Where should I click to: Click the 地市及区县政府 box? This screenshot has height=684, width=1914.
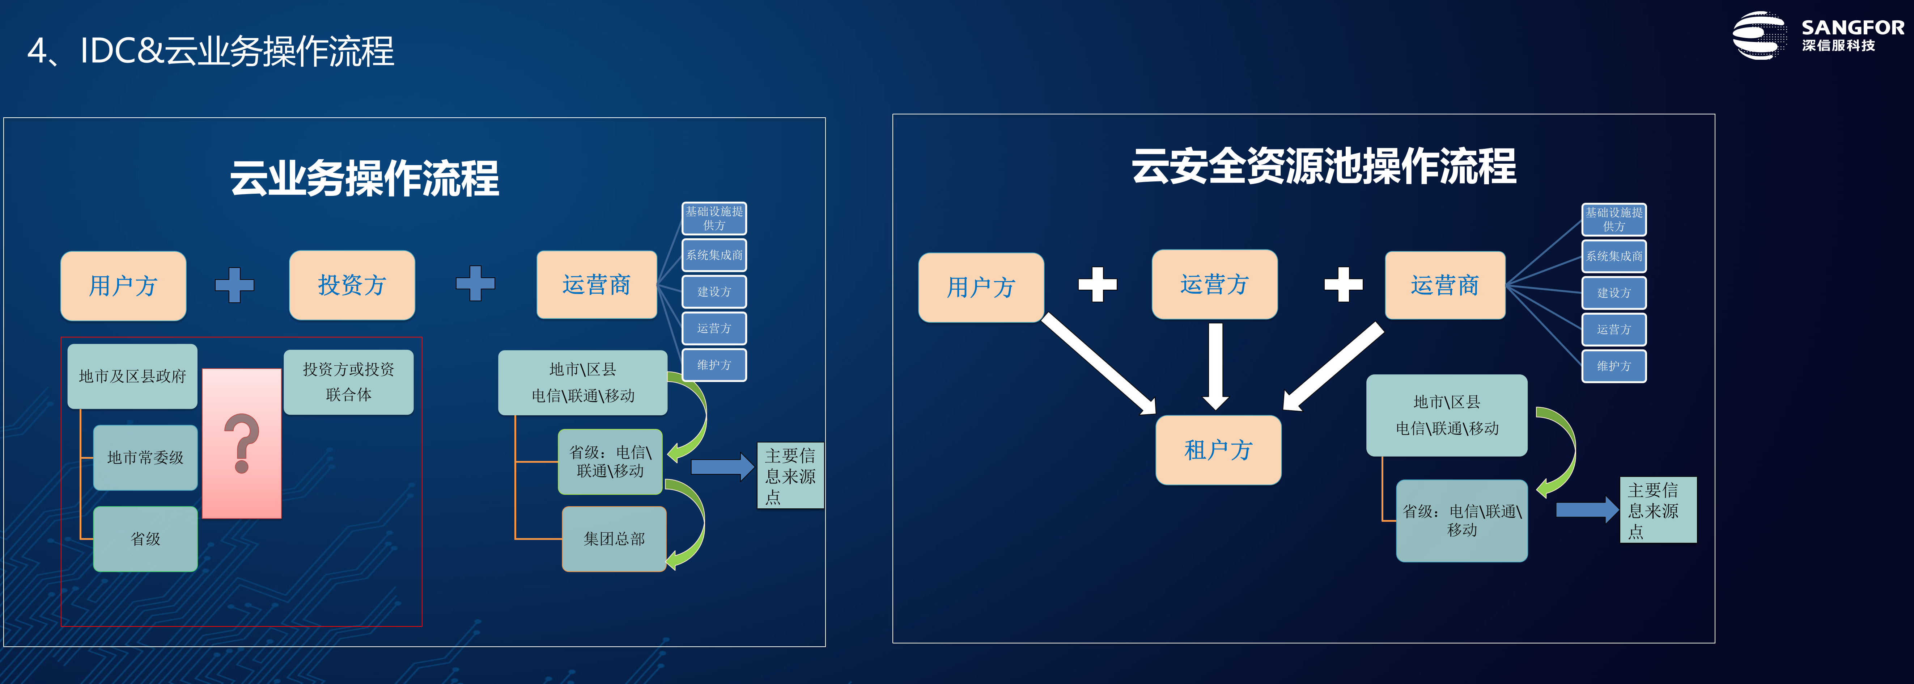point(132,376)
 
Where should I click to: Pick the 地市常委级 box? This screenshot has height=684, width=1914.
point(146,457)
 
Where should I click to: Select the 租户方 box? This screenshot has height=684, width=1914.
point(1218,450)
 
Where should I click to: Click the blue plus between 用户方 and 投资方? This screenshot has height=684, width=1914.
point(234,285)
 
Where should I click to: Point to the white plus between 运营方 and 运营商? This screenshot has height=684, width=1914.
point(1344,284)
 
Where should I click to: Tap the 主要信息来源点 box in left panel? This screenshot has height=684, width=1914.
point(790,476)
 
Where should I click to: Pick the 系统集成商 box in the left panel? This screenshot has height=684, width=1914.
point(714,255)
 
